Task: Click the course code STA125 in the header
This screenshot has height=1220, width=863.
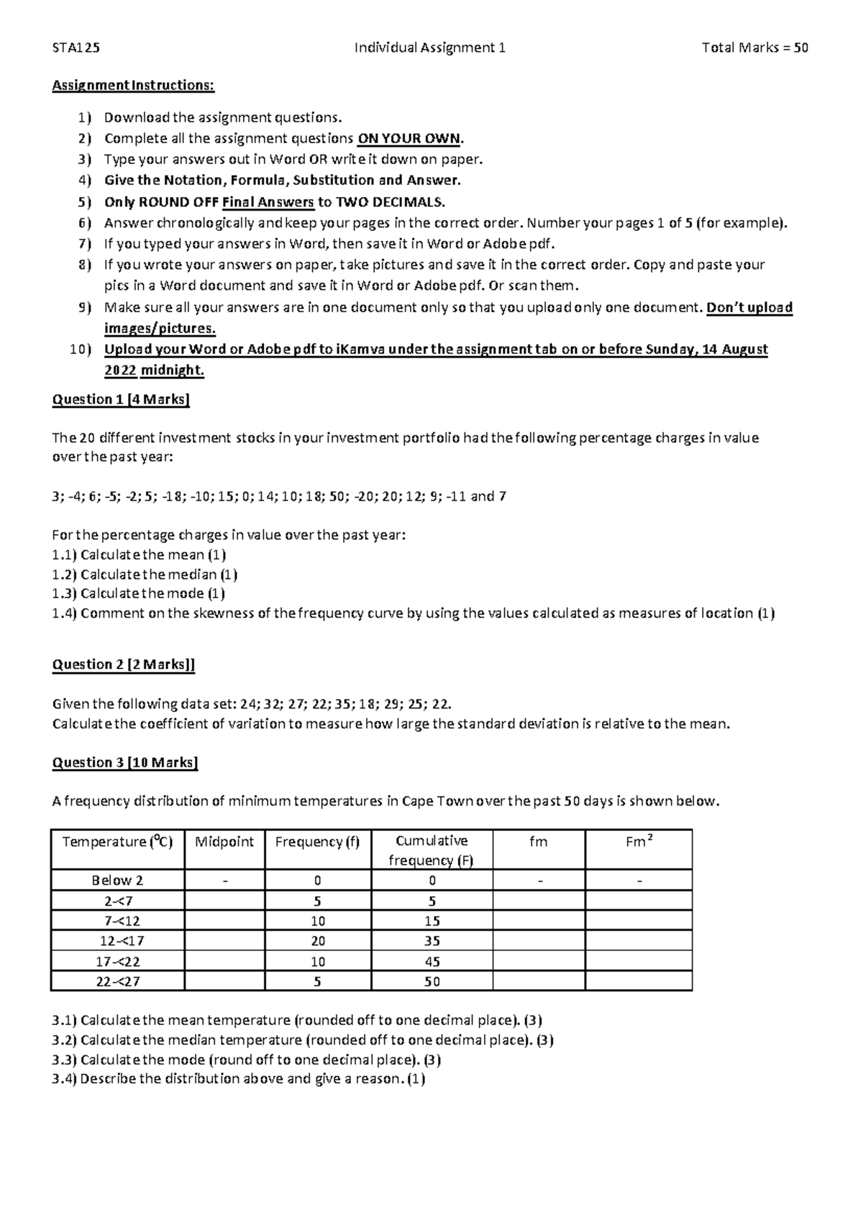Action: click(76, 48)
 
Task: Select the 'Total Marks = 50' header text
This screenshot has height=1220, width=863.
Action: click(755, 48)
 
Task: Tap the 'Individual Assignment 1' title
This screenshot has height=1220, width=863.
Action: click(430, 48)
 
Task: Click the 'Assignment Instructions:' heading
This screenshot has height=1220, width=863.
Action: click(133, 86)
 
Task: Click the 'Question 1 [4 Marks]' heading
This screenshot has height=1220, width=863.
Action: click(121, 400)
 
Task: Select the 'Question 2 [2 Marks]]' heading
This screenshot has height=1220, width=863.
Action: click(124, 665)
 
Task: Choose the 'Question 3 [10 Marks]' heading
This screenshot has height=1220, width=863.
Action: click(125, 762)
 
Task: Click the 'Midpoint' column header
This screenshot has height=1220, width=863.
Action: click(224, 842)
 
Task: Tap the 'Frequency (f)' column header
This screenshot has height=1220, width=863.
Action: click(317, 842)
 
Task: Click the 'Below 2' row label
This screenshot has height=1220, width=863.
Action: click(117, 880)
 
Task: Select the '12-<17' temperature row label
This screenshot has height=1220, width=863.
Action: click(117, 941)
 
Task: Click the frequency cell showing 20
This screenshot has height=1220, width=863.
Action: click(317, 941)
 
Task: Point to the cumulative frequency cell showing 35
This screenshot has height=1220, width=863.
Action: click(431, 941)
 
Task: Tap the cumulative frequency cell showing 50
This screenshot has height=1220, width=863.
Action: click(431, 981)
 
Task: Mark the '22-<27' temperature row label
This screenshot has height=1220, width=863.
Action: click(117, 981)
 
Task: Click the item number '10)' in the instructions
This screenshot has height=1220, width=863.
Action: click(81, 350)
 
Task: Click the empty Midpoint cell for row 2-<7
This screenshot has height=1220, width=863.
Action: click(224, 901)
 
